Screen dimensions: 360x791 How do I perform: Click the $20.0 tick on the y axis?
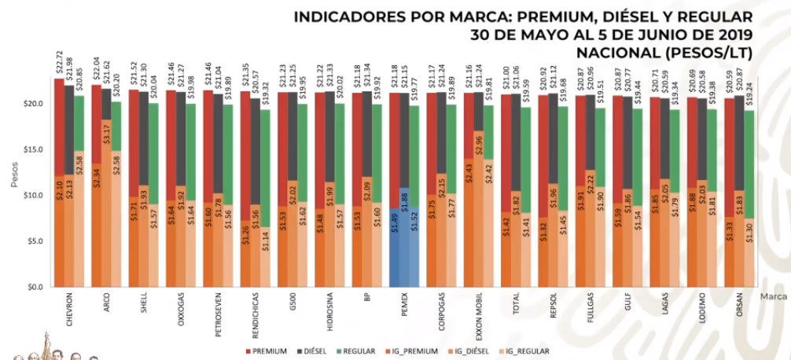[31, 104]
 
